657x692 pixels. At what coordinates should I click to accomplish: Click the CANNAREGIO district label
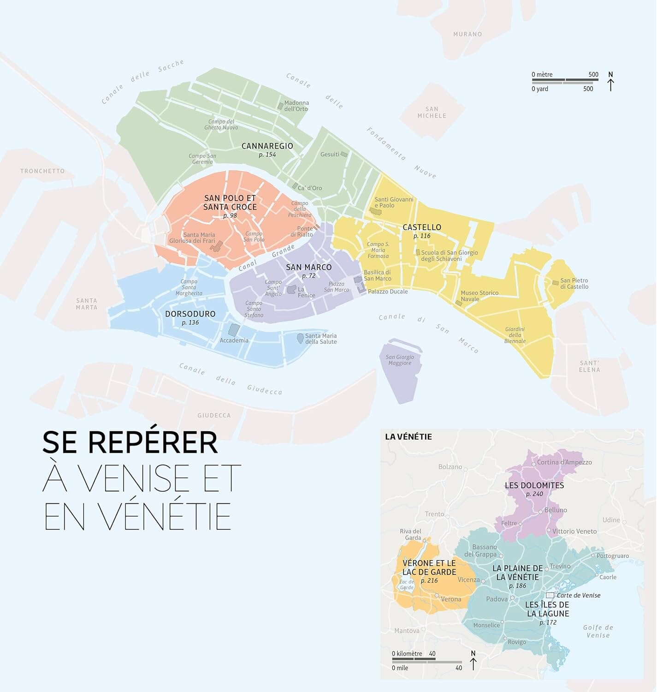(x=267, y=146)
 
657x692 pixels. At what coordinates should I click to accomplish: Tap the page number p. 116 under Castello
(x=421, y=236)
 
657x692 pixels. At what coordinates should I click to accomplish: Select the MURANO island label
(x=468, y=34)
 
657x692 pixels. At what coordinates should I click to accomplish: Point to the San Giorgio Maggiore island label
(x=400, y=360)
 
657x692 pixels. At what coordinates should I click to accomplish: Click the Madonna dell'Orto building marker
(x=280, y=106)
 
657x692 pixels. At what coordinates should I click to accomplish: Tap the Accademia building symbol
(x=234, y=330)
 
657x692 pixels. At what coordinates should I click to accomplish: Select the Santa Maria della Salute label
(x=321, y=339)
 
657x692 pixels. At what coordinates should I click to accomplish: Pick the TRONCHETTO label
(x=42, y=171)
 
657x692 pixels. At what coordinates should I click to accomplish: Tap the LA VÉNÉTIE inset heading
(x=408, y=437)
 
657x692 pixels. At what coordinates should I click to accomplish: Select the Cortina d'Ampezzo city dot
(x=533, y=464)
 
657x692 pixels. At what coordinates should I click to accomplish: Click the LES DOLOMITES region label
(x=534, y=485)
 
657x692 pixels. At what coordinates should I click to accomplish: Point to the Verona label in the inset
(x=450, y=599)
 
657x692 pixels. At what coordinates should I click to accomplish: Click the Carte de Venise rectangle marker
(x=550, y=596)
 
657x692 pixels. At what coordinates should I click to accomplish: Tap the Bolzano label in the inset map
(x=450, y=467)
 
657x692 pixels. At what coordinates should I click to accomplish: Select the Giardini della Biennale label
(x=515, y=335)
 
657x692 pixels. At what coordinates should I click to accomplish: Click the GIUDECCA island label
(x=214, y=415)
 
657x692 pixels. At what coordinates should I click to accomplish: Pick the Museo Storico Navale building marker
(x=458, y=303)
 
